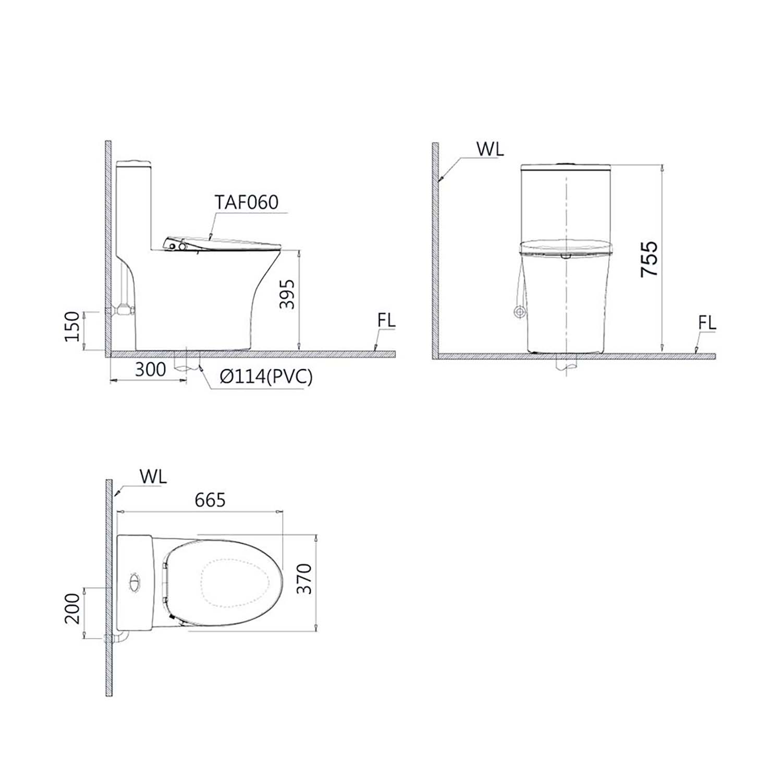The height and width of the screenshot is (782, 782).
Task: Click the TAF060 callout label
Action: click(247, 202)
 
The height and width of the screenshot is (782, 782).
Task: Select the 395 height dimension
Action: click(287, 295)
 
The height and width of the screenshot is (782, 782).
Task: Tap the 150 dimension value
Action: click(72, 326)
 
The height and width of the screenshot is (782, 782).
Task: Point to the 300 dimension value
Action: click(151, 370)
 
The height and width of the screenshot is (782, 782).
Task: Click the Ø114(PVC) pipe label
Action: click(266, 376)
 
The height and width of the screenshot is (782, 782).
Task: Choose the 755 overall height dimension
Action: click(650, 259)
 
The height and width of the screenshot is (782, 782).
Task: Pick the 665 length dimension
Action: click(210, 500)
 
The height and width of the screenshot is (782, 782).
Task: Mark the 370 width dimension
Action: click(304, 579)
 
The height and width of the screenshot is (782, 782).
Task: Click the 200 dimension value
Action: click(72, 608)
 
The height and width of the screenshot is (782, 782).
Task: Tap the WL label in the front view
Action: click(490, 149)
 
